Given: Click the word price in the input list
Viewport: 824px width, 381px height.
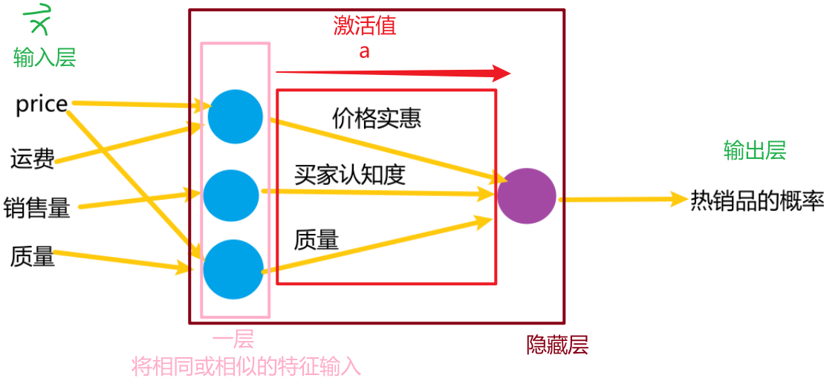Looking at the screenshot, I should (42, 105).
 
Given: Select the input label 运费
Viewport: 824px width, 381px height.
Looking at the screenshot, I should (32, 159).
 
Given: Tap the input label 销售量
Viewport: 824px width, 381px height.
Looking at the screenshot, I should (36, 208).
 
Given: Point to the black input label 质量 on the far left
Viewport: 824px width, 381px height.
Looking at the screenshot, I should (32, 257).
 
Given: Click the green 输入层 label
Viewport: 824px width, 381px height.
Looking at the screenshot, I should (45, 57).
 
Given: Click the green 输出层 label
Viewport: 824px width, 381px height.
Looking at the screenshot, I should (755, 151).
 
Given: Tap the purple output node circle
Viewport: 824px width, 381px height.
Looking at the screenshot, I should (526, 197).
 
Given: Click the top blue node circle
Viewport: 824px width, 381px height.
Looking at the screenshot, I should (235, 117).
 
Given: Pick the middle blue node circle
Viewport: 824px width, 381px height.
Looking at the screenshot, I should (231, 195).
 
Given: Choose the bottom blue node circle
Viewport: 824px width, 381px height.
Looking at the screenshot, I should (233, 269).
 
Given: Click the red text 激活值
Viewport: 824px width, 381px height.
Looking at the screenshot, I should (365, 27).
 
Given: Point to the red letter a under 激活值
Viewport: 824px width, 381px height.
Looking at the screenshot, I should (364, 52).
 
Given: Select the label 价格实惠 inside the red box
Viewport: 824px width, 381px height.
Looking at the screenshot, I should (377, 117).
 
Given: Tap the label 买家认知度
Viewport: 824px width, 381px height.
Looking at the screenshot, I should (349, 175).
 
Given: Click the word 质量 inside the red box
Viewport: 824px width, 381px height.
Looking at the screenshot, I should (317, 239).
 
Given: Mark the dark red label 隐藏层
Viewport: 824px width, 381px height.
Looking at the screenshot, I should (557, 345).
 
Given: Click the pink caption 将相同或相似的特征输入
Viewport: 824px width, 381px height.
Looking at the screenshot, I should (246, 365).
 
